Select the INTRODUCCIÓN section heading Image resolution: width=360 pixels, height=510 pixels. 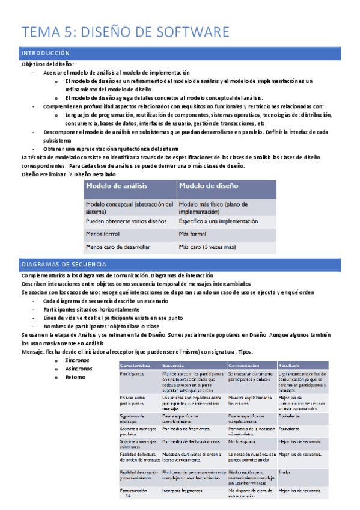[x=46, y=54]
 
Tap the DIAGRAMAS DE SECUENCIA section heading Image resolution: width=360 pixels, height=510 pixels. [x=64, y=265]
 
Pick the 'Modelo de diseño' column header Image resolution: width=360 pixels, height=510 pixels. [x=209, y=186]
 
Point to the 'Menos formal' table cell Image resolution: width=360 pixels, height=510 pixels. [x=103, y=233]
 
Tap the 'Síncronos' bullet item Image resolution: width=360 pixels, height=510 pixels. [x=78, y=360]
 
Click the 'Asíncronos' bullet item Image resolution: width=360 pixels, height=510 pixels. [x=79, y=368]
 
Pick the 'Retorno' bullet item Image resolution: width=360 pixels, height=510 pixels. [x=76, y=377]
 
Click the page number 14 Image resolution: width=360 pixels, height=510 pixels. [x=128, y=497]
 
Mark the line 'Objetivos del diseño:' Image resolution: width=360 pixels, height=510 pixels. [x=47, y=64]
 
